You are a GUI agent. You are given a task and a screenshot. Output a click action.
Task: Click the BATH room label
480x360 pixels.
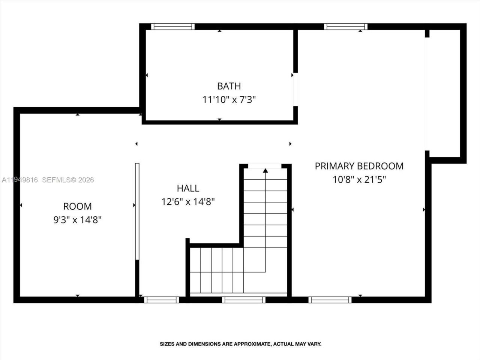[229, 86]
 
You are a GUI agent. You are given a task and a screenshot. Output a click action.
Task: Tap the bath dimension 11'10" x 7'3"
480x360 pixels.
[229, 100]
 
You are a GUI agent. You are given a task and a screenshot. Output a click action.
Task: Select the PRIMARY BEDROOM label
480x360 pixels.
[359, 166]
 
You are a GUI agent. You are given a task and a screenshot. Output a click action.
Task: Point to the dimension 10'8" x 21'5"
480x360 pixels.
[359, 180]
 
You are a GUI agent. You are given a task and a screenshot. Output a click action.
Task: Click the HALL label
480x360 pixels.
[188, 188]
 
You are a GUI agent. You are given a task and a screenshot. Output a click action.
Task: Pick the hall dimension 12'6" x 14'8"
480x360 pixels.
[188, 202]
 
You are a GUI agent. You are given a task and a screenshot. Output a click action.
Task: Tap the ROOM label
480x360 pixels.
[77, 206]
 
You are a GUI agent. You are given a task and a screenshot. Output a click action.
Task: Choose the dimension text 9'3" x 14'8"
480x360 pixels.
[77, 220]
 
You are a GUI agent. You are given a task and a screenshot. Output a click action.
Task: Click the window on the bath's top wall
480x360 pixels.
[173, 27]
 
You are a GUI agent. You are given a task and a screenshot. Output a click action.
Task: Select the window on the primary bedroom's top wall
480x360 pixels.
[345, 27]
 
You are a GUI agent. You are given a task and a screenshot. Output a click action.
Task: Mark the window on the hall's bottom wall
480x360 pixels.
[161, 300]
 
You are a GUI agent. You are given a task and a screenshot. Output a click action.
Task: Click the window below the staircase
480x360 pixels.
[243, 300]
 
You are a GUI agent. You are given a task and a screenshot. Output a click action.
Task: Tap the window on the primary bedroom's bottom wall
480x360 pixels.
[330, 300]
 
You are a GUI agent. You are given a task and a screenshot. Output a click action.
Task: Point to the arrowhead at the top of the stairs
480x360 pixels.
[265, 171]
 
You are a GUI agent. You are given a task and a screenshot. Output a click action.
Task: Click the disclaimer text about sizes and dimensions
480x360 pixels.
[240, 344]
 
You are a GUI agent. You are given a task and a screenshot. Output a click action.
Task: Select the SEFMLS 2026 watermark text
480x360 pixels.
[68, 180]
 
